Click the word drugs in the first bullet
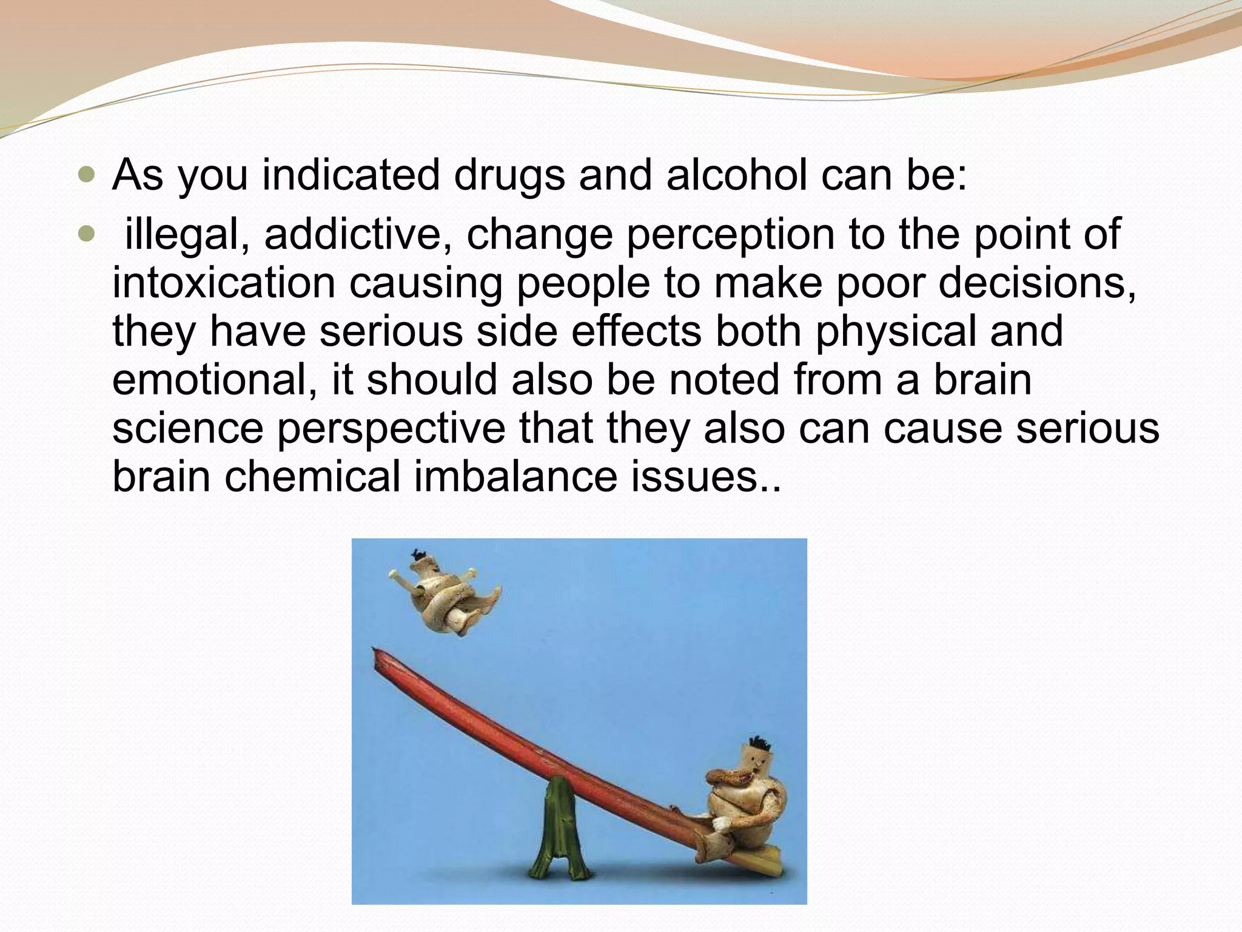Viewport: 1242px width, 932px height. tap(509, 176)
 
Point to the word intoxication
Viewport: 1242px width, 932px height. tap(223, 283)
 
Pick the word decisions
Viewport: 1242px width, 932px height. tap(1037, 283)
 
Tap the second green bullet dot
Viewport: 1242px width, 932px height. tap(87, 234)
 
